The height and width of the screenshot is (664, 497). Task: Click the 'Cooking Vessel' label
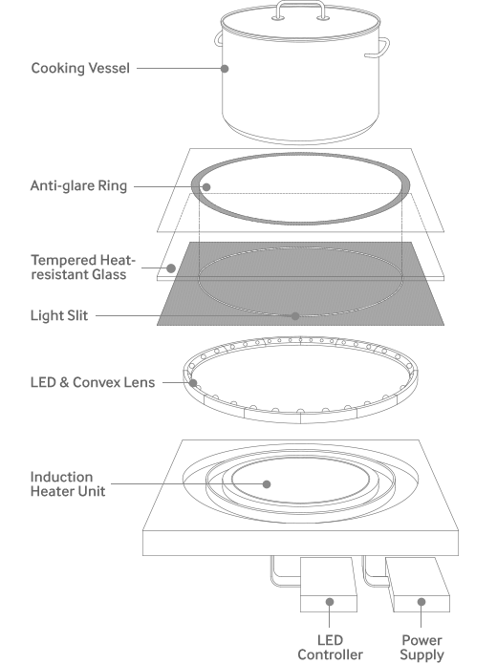point(80,68)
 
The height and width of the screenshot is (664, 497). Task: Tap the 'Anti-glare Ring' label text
point(78,186)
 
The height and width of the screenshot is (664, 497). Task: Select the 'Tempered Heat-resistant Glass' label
point(83,268)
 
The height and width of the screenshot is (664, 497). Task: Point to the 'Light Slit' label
point(59,315)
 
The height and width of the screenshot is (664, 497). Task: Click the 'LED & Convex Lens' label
point(93,382)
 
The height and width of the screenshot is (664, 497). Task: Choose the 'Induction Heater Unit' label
point(68,484)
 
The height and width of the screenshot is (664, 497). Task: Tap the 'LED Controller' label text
point(330,648)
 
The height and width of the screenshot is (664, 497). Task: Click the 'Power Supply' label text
point(421,648)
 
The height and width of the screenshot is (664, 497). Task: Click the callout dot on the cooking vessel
point(225,68)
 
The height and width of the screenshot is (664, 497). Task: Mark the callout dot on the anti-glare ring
point(206,186)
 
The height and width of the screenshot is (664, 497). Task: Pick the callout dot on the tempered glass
point(171,268)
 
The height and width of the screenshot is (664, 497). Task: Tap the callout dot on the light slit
point(295,316)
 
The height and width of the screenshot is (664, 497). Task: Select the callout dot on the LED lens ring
point(193,383)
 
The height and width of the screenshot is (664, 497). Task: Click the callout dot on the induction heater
point(267,484)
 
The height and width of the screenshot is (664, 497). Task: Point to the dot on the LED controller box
point(330,602)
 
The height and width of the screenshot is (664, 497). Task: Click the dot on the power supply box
point(421,602)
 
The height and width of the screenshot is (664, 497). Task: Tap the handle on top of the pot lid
point(301,4)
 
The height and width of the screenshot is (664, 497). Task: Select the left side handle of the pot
point(218,38)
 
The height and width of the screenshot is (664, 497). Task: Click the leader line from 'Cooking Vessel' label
point(179,68)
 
